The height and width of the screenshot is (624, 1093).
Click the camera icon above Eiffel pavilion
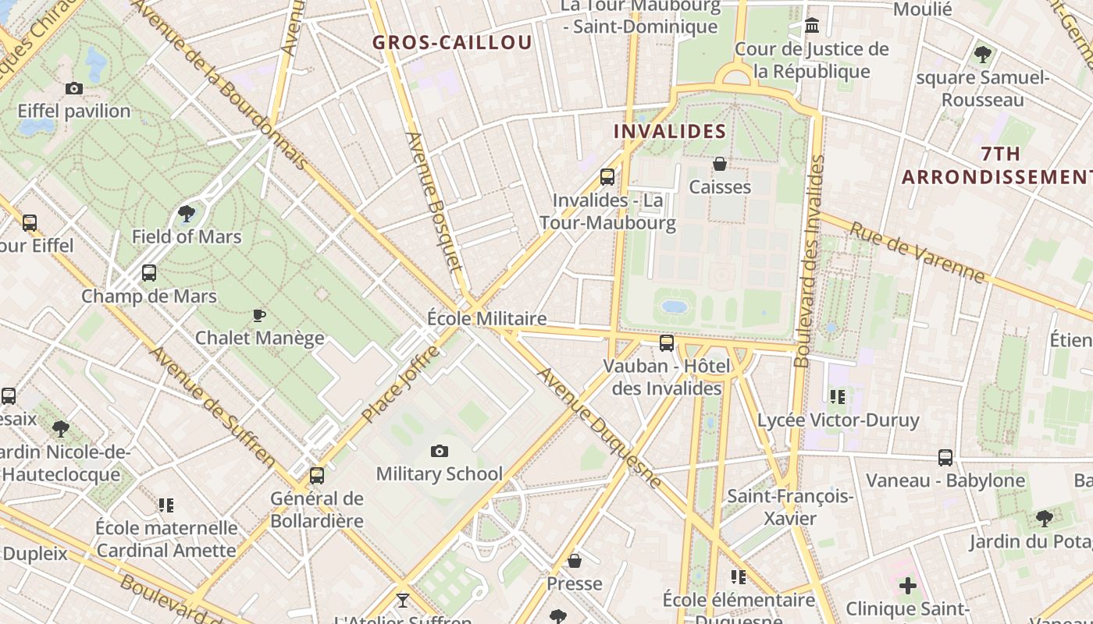click(x=74, y=89)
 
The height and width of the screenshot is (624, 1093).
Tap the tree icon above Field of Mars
click(x=187, y=213)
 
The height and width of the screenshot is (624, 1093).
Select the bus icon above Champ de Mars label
click(x=149, y=273)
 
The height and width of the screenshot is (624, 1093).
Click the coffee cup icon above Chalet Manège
click(x=259, y=315)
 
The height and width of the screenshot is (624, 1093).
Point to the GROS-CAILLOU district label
click(x=452, y=43)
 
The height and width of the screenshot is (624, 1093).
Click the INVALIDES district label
click(x=670, y=131)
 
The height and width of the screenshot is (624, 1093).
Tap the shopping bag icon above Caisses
click(x=720, y=164)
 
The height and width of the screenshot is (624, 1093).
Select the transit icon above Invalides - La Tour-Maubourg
click(x=607, y=177)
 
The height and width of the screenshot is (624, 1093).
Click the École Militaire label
click(x=486, y=319)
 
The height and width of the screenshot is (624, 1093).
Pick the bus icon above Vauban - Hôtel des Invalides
click(x=667, y=342)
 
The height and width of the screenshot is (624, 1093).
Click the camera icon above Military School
click(x=440, y=451)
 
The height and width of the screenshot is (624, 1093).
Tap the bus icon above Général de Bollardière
click(x=317, y=475)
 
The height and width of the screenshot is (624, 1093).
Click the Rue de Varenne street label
click(x=917, y=252)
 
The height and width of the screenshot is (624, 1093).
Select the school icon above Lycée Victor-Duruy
click(x=838, y=397)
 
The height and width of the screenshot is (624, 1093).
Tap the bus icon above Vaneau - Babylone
click(x=945, y=458)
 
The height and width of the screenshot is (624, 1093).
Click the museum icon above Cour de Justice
click(x=812, y=26)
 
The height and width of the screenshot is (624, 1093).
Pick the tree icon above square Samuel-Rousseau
click(x=983, y=55)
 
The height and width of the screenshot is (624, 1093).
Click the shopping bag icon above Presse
click(x=575, y=561)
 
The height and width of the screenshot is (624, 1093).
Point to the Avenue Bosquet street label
click(x=435, y=201)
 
